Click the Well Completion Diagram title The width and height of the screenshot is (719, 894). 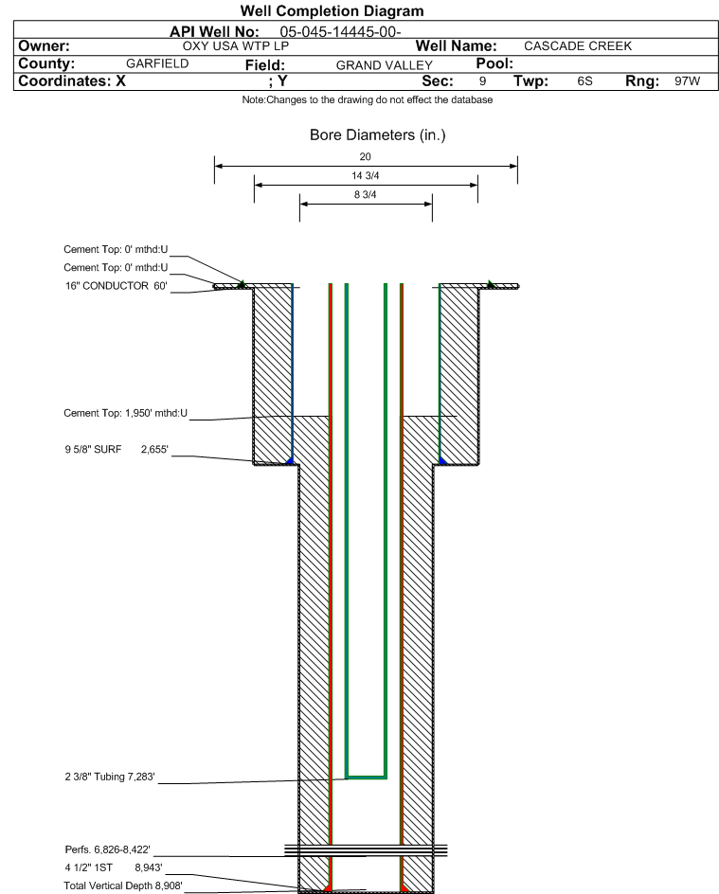332,10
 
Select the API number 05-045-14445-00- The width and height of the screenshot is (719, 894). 340,32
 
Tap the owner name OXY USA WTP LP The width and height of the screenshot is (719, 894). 236,46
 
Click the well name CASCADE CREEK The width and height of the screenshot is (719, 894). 578,46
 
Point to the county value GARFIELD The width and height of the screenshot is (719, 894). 157,63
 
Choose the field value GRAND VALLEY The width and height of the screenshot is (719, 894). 385,65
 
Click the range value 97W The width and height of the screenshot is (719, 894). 687,80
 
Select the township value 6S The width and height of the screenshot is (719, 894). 585,80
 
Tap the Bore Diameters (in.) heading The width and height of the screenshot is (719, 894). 377,135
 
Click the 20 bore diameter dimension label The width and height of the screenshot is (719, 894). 365,157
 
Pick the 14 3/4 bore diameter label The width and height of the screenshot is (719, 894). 365,175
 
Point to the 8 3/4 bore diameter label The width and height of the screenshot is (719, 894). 365,195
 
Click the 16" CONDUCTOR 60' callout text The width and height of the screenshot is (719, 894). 117,286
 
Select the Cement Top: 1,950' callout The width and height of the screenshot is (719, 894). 125,413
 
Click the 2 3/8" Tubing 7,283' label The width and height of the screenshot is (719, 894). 110,777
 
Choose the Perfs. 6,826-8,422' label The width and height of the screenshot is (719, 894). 108,849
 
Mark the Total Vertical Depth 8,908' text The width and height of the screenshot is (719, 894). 123,885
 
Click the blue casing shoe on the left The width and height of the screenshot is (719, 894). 289,460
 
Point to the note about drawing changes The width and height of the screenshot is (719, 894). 368,99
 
